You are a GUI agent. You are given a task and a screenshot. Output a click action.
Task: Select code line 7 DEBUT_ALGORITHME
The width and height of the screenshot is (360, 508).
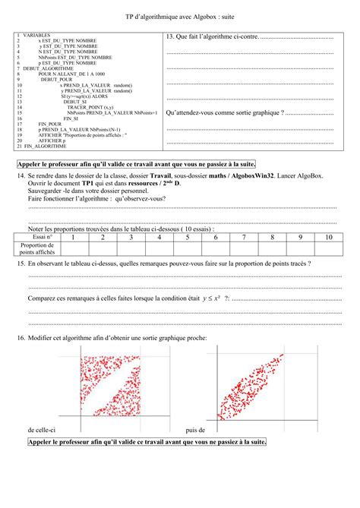pos(43,68)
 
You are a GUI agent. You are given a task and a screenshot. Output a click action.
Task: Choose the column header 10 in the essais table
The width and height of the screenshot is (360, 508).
pos(328,237)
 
